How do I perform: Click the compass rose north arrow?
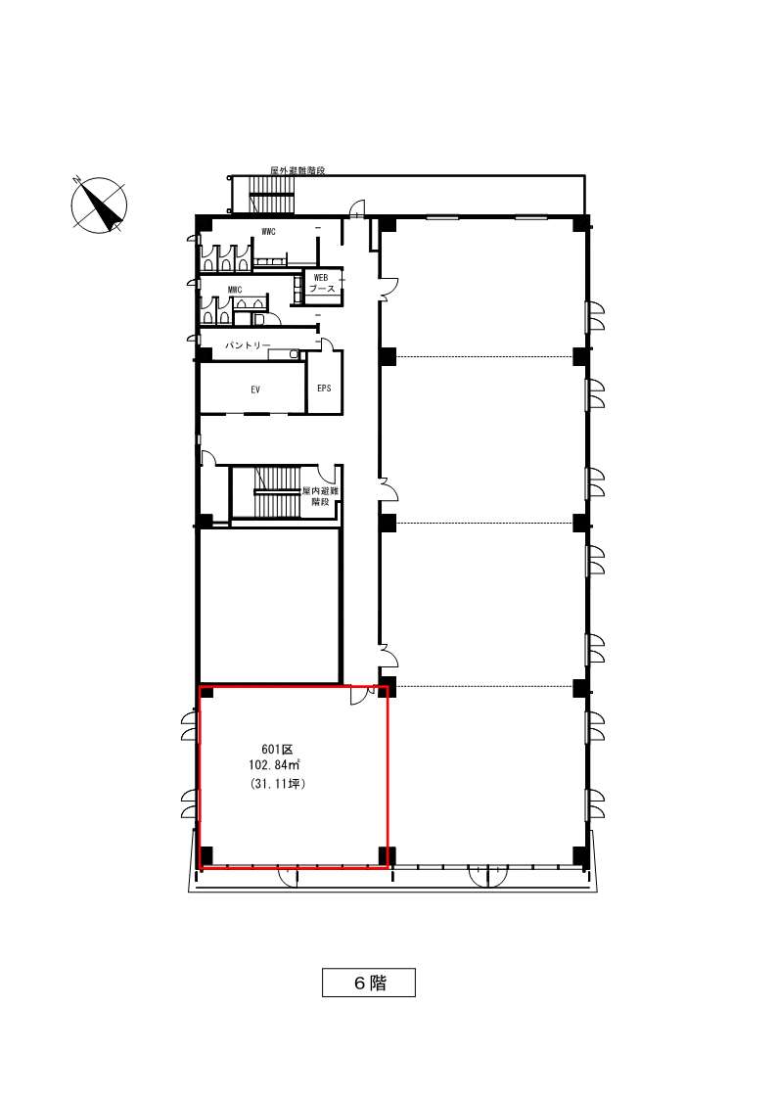click(100, 205)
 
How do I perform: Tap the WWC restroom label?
click(268, 231)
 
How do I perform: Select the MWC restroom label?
click(235, 290)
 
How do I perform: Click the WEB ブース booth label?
click(322, 283)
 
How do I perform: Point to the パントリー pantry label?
click(248, 345)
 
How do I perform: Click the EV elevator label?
click(255, 389)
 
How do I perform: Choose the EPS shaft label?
click(324, 388)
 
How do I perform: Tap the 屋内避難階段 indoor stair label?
click(320, 496)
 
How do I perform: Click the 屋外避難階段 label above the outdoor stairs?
click(297, 170)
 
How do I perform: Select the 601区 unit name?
click(272, 750)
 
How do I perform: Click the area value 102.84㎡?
click(274, 766)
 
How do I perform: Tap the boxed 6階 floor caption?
click(369, 983)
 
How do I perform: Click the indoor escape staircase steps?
click(278, 492)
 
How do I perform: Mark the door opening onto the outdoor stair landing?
click(358, 208)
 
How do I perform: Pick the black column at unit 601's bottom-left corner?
click(206, 855)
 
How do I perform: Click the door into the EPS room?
click(327, 344)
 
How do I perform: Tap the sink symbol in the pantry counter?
click(294, 354)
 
